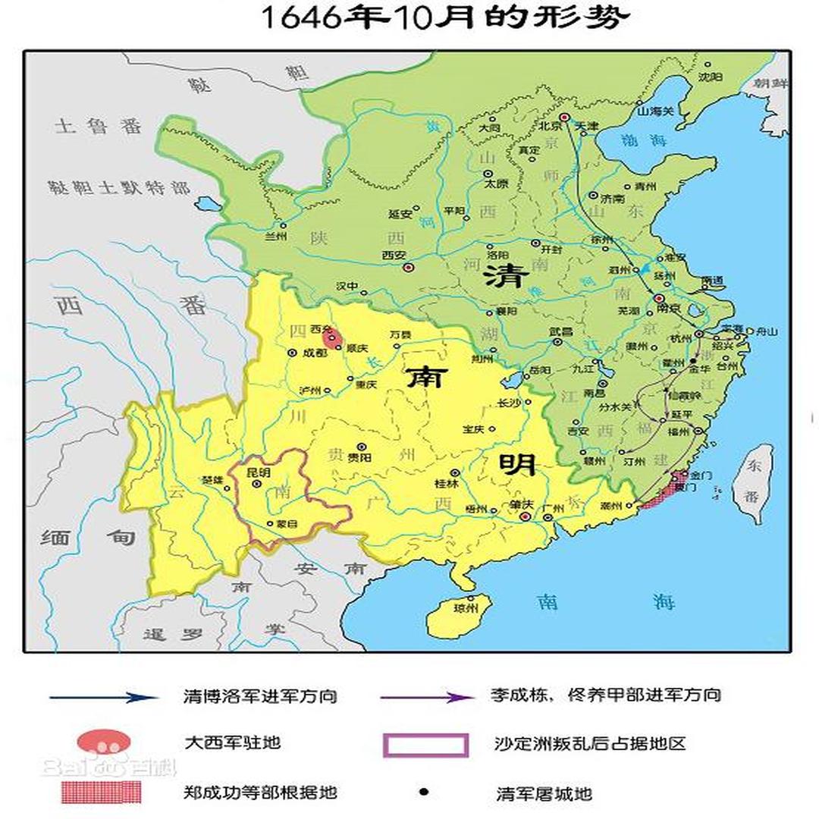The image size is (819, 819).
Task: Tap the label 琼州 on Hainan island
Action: click(x=462, y=608)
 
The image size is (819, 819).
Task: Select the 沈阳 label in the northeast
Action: click(x=710, y=77)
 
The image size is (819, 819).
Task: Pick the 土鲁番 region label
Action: click(x=98, y=126)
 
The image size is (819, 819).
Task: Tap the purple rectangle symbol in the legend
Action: click(x=425, y=745)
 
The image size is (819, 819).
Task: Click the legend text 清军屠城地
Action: click(x=544, y=794)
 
